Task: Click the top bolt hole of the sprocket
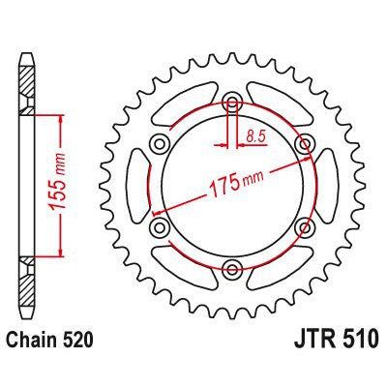232,102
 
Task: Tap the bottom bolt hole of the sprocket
232,270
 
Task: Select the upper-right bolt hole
306,144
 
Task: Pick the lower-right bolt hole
306,228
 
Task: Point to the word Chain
43,342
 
